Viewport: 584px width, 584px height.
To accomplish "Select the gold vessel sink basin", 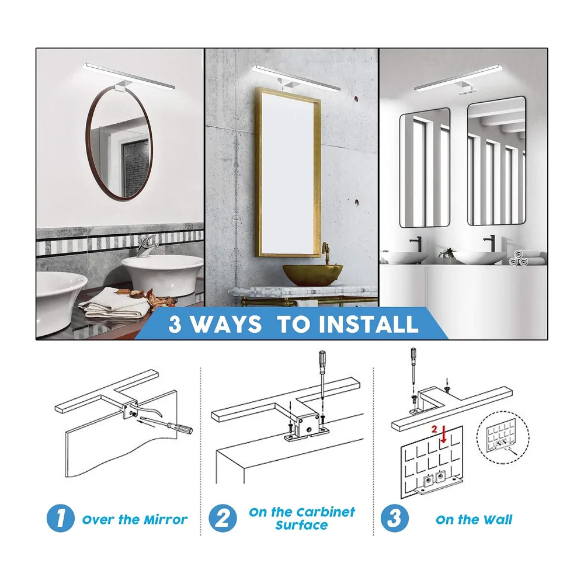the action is click(312, 275).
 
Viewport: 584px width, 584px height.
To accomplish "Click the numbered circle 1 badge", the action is click(60, 518).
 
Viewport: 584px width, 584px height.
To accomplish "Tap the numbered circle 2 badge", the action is click(223, 518).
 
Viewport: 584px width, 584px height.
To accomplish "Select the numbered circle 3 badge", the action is click(394, 518).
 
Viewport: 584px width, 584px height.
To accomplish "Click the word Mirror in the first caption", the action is click(166, 520).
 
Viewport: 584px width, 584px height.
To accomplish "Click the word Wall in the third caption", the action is click(496, 520).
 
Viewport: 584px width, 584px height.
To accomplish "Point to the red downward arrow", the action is click(443, 434).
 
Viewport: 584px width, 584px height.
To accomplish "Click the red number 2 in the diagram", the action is click(434, 429).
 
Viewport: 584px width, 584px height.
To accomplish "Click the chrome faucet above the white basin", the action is click(148, 246).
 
